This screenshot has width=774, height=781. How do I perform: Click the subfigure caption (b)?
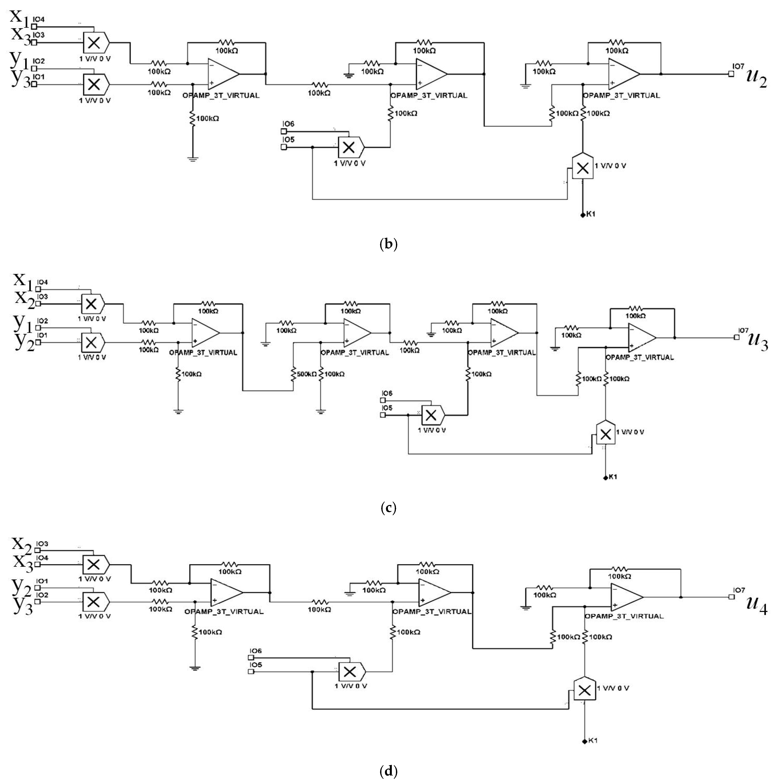coord(389,244)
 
